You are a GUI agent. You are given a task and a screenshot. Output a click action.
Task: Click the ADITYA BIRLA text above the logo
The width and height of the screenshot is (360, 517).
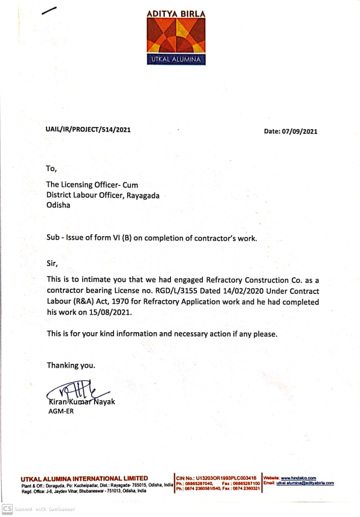click(176, 14)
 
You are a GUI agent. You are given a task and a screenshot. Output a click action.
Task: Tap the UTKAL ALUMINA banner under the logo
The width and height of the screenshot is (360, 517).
click(176, 60)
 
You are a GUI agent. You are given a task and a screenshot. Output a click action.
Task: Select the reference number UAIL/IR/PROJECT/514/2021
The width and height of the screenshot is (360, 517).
click(88, 130)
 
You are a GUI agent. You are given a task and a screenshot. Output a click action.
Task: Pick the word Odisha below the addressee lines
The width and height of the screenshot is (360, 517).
click(59, 205)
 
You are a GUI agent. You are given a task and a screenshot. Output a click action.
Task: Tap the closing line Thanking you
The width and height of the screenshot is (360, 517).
click(71, 366)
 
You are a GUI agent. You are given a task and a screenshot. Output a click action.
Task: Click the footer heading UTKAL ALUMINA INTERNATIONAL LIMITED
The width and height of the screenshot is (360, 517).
click(84, 478)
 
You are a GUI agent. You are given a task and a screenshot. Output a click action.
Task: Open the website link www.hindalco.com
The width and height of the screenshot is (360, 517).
click(299, 478)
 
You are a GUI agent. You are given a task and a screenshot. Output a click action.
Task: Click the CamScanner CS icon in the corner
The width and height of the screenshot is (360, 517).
click(7, 509)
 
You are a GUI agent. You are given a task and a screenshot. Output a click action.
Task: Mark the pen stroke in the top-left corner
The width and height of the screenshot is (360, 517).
click(49, 12)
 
